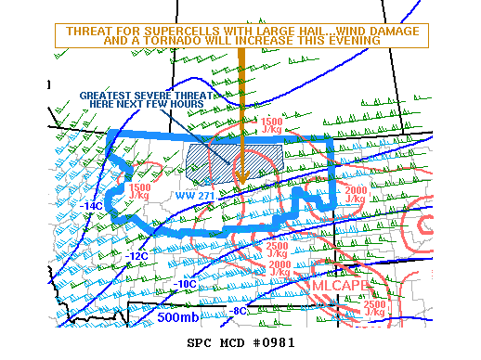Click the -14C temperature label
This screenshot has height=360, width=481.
coord(90,206)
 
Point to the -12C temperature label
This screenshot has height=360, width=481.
coord(136,255)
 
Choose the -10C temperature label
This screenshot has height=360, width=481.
coord(186,284)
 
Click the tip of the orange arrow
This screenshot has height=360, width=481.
coord(240,183)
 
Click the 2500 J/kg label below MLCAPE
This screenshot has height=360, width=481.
coord(375,309)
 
